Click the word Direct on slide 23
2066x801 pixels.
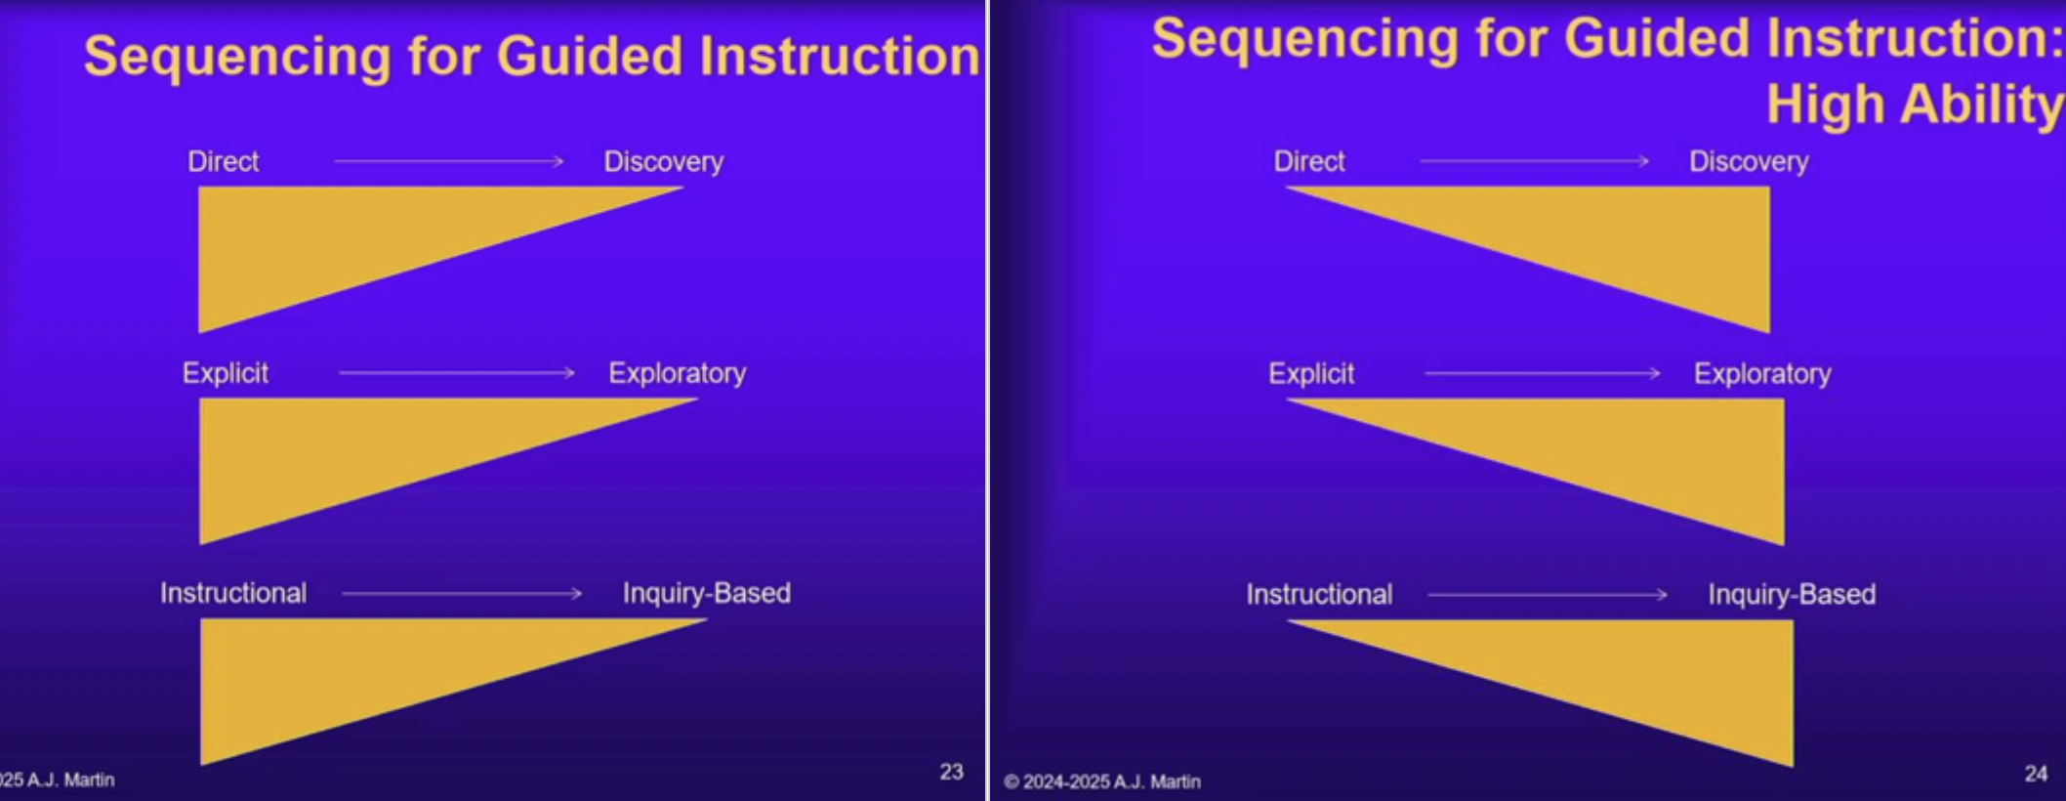(224, 161)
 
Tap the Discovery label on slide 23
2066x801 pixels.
(664, 162)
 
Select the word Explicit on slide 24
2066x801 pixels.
(1311, 374)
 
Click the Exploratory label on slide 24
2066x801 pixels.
(1762, 374)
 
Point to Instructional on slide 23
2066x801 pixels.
(233, 593)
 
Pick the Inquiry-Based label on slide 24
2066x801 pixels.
(1792, 595)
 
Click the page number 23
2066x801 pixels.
(952, 772)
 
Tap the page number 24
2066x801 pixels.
(2036, 774)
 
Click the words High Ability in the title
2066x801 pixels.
(1915, 104)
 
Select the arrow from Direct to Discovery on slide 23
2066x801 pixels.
(449, 161)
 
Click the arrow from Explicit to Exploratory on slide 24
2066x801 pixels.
(1543, 373)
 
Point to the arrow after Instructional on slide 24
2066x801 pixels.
(1548, 594)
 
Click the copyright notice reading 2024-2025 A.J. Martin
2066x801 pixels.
(1102, 781)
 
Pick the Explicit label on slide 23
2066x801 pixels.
(226, 373)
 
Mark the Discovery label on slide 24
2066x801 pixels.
(1749, 162)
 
